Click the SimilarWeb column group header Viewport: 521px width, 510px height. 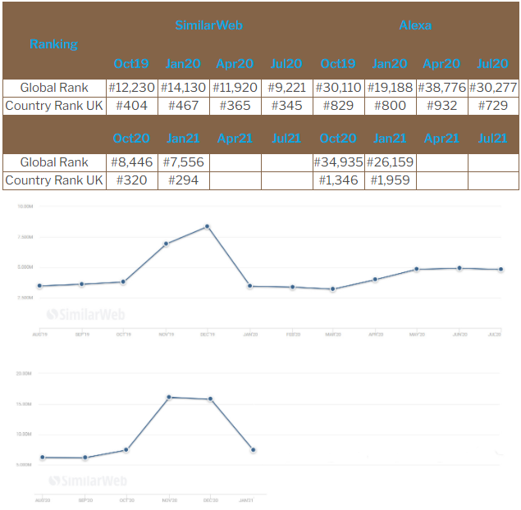coord(208,25)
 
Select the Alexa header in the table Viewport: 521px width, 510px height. coord(415,25)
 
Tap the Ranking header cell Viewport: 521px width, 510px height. coord(53,44)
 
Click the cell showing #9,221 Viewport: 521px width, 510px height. coord(286,88)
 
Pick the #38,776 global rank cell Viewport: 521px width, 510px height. coord(441,88)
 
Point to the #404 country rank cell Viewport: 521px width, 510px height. coord(131,106)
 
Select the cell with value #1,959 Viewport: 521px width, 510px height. coord(390,180)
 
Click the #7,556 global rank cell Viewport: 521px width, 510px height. coord(183,162)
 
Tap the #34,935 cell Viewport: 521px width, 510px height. coord(338,162)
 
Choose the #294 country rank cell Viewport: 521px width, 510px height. coord(183,180)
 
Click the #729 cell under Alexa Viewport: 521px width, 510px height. coord(493,106)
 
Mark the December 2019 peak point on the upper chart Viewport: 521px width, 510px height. coord(208,226)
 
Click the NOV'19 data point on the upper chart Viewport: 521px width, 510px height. coord(166,244)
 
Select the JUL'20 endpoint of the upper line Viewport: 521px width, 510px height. coord(500,270)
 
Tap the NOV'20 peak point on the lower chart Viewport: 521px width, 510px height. coord(168,397)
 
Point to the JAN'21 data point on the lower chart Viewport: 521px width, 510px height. coord(254,449)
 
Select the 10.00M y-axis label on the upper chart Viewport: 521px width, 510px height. coord(25,207)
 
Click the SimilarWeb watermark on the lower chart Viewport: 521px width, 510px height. coord(87,481)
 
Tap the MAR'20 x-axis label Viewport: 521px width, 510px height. coord(332,335)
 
